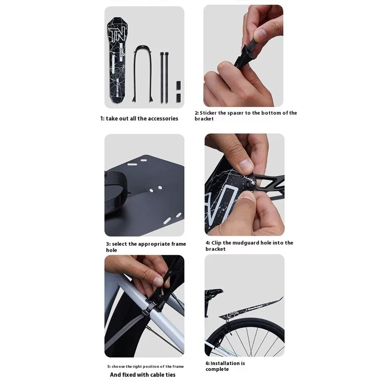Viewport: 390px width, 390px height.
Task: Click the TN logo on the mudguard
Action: tap(117, 34)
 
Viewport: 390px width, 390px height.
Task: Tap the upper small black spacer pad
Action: tap(178, 85)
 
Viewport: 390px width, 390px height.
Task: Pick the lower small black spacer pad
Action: tap(178, 98)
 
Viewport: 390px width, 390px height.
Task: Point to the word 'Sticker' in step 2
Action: tap(208, 113)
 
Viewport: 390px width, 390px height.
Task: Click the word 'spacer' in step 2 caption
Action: tap(235, 113)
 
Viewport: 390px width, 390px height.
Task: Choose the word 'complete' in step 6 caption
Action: tap(217, 370)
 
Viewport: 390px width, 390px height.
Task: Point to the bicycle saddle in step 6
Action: tap(214, 292)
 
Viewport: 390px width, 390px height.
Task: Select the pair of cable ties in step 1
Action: tap(163, 78)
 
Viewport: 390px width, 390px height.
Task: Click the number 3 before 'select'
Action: tap(108, 244)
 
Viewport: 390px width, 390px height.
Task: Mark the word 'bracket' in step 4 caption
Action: tap(215, 249)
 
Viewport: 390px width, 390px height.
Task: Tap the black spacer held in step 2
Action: tap(247, 52)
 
